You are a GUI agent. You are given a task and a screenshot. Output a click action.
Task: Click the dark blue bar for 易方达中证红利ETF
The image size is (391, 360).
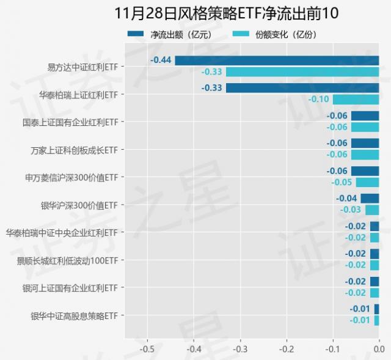(x=277, y=61)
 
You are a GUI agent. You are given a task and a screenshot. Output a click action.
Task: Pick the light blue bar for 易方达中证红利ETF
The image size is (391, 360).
(x=302, y=72)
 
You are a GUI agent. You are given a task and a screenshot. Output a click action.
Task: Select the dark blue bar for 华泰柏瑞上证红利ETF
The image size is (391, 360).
(x=302, y=88)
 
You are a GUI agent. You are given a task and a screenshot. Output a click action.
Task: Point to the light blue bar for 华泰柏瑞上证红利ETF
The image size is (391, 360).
(x=356, y=100)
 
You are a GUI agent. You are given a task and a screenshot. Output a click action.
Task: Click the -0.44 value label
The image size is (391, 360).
(x=161, y=61)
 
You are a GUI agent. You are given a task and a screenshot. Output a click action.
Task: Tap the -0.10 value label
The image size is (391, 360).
(x=319, y=100)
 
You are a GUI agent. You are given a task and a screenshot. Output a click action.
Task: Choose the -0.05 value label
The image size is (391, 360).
(x=342, y=182)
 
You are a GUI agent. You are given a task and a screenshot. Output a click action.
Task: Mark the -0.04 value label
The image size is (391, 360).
(x=346, y=199)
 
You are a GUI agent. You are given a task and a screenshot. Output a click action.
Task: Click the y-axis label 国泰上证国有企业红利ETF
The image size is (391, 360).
(x=70, y=122)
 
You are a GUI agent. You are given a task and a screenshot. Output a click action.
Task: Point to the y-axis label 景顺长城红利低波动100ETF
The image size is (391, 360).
(x=67, y=261)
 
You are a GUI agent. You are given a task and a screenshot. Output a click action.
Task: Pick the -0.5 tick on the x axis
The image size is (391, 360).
(x=147, y=350)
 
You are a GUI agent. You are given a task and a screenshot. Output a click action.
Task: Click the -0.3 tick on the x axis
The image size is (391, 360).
(x=240, y=350)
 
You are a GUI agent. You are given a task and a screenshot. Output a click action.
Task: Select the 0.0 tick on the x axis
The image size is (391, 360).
(x=379, y=350)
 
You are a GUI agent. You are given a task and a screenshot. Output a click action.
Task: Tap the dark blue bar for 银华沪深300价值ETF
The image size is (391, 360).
(x=370, y=199)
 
